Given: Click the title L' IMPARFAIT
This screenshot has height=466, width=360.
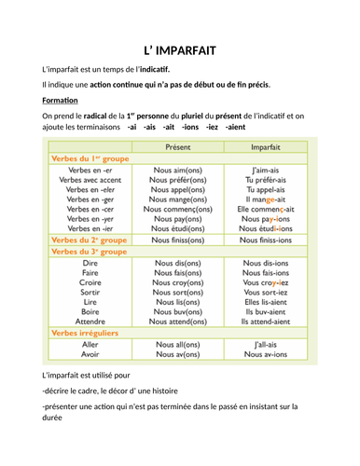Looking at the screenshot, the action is click(180, 50).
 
